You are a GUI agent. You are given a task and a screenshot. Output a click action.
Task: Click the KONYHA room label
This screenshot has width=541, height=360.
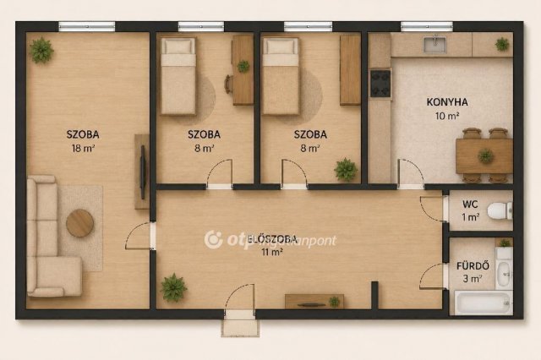447,102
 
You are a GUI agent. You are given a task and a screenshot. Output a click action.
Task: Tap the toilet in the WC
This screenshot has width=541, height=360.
500,210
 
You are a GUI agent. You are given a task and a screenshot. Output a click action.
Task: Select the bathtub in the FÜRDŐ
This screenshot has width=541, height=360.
483,303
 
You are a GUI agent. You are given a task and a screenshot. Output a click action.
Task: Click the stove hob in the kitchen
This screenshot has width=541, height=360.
380,83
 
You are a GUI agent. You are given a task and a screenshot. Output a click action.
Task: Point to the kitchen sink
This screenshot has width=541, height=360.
434,44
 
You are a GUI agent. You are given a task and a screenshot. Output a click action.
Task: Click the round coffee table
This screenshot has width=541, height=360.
79,223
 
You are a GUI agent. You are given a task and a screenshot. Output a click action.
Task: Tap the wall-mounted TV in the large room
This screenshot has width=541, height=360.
143,172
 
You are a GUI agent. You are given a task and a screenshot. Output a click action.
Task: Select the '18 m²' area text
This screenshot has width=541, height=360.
83,149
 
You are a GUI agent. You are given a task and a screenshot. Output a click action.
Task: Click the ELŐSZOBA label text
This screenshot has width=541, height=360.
272,239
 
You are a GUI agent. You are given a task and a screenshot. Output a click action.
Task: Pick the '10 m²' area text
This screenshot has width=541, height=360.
447,116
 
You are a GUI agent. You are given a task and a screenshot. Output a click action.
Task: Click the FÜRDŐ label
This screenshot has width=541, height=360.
473,266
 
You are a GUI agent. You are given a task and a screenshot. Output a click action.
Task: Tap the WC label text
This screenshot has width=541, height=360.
470,205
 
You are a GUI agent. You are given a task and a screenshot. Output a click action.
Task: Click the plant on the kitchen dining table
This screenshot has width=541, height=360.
485,155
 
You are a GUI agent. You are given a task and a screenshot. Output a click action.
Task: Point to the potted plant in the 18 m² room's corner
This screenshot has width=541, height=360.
41,51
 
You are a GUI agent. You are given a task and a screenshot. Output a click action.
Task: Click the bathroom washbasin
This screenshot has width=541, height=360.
504,274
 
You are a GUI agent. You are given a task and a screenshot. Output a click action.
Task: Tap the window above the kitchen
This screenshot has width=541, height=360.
426,26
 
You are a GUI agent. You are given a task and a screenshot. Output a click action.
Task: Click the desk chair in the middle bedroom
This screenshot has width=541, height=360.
228,85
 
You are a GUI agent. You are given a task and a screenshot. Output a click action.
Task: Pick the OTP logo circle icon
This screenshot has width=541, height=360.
214,239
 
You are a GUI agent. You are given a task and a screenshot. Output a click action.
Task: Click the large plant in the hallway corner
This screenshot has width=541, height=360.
173,288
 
